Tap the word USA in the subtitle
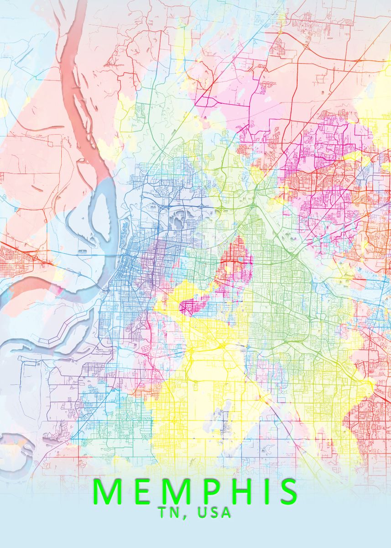tap(214, 513)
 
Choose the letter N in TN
tap(179, 513)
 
